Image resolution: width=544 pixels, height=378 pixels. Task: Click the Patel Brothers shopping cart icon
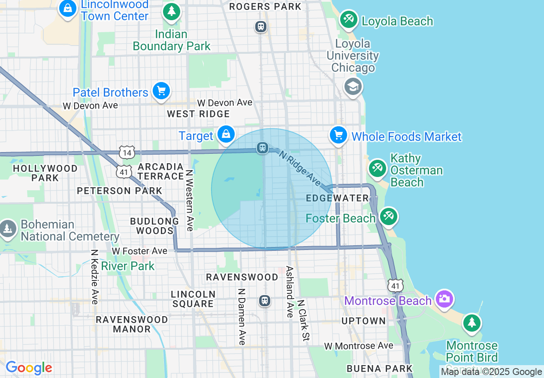click(x=161, y=91)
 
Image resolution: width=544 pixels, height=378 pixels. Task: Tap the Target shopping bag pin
click(x=226, y=135)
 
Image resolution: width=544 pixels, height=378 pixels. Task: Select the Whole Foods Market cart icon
click(x=338, y=136)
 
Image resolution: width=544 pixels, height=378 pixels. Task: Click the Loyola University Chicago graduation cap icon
click(x=353, y=87)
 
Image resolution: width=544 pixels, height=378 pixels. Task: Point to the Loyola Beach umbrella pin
click(x=348, y=19)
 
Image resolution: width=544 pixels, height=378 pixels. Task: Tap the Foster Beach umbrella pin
click(x=388, y=216)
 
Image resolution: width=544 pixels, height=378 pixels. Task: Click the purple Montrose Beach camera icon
click(x=444, y=299)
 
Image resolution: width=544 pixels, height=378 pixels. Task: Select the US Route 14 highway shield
click(x=127, y=152)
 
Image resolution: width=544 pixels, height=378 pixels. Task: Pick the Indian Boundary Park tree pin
click(x=172, y=11)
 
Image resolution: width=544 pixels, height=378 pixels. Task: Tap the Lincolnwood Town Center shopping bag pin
click(x=68, y=8)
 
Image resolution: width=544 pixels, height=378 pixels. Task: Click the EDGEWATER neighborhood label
click(x=338, y=198)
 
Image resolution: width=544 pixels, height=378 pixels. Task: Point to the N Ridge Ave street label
click(x=299, y=168)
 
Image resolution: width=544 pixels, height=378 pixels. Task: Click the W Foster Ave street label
click(x=139, y=251)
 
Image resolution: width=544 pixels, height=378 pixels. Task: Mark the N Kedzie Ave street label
click(x=95, y=277)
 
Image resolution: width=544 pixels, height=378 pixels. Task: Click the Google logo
click(x=29, y=368)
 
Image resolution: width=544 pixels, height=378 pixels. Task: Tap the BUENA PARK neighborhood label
click(x=379, y=369)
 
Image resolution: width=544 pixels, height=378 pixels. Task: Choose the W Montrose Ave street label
click(x=359, y=346)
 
